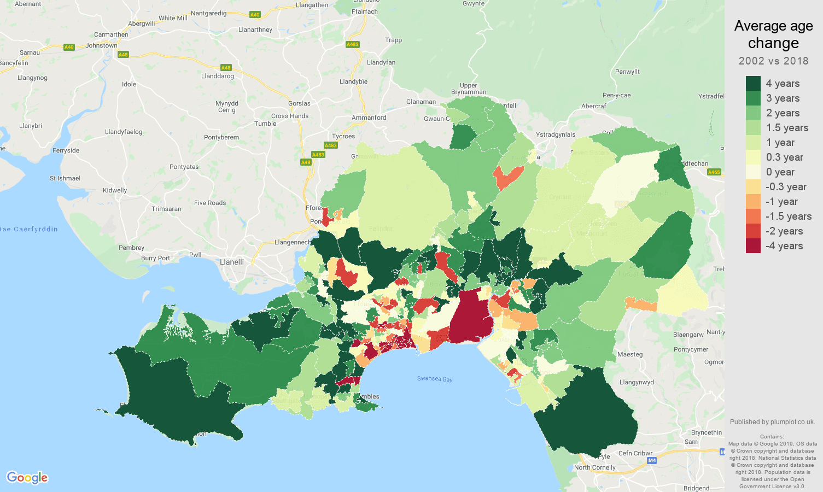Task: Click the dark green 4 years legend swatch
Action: pos(753,83)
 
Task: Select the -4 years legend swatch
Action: pos(753,246)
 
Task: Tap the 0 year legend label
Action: pos(780,172)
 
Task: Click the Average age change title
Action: pos(773,34)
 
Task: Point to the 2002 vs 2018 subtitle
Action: pos(773,61)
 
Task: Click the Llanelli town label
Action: pos(232,262)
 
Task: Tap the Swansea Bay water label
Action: pos(435,379)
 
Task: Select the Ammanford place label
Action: pos(369,118)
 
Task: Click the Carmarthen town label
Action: pos(111,34)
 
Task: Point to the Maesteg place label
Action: pos(630,354)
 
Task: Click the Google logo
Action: pos(27,478)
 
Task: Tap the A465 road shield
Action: pos(714,172)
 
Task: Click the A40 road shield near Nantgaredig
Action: pos(254,15)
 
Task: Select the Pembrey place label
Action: pos(131,248)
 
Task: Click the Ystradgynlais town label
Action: pos(556,134)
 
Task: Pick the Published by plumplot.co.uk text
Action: pos(772,422)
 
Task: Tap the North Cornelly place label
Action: pos(594,467)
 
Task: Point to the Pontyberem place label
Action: pos(221,137)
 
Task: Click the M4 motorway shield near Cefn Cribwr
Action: pos(652,460)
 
